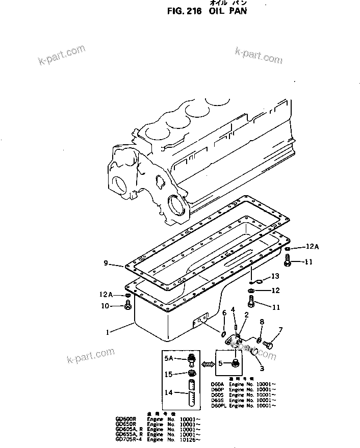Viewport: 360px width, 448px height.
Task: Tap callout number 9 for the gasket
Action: (x=106, y=263)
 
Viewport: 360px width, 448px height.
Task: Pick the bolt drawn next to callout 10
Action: (x=127, y=306)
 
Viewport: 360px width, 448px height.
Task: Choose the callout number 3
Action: (x=262, y=368)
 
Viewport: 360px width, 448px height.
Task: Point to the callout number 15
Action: (x=169, y=375)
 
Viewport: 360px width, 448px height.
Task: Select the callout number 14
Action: (x=169, y=392)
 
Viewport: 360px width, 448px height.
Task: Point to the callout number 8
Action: (x=262, y=322)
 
